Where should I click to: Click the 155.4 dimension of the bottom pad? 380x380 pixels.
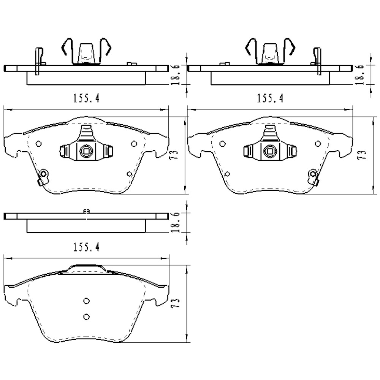(x=86, y=247)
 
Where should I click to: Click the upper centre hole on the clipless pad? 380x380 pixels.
(x=86, y=301)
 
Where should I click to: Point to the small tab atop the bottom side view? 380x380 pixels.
(x=86, y=212)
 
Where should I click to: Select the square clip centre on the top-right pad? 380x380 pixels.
(x=270, y=151)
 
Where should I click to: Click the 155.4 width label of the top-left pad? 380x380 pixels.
(x=86, y=98)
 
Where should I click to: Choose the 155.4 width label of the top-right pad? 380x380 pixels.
(x=270, y=98)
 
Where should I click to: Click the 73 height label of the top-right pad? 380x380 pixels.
(x=363, y=154)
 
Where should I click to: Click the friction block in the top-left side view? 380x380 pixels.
(x=86, y=78)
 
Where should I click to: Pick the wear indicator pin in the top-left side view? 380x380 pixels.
(x=38, y=61)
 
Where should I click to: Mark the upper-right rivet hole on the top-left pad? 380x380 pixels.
(x=133, y=144)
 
